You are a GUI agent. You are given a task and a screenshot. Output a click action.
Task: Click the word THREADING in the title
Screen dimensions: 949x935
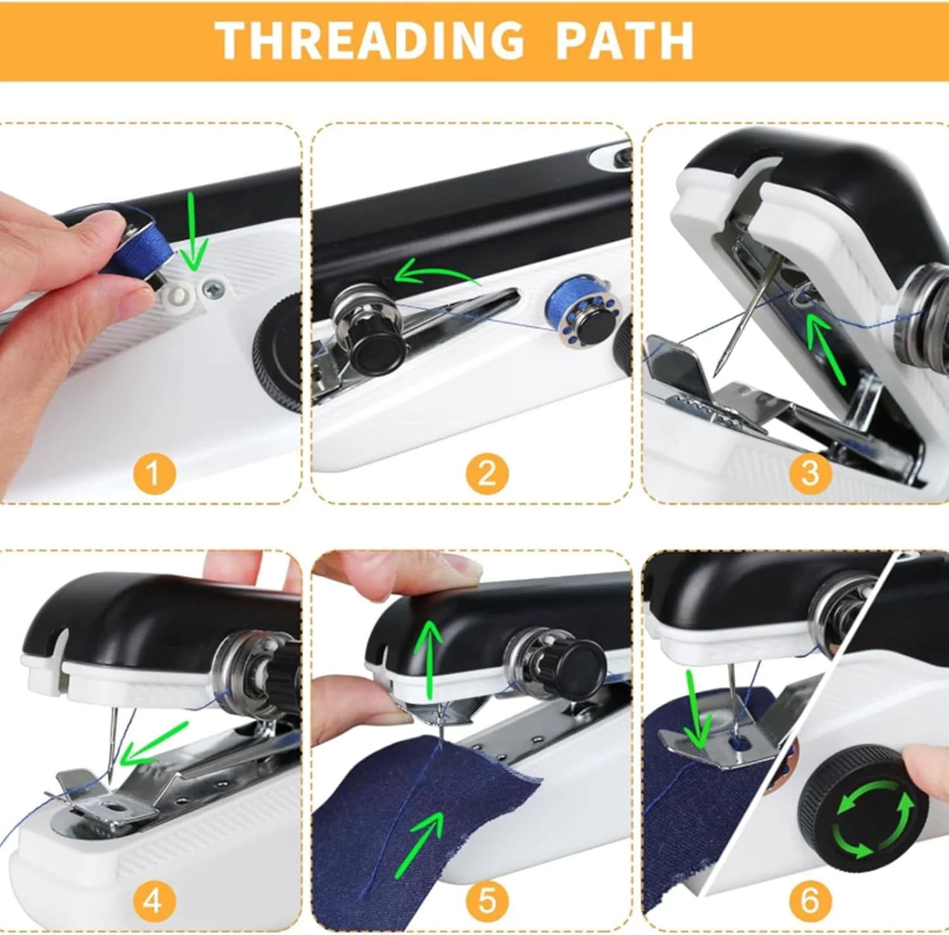coord(370,40)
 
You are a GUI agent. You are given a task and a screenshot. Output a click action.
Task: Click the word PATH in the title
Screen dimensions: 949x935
coord(624,40)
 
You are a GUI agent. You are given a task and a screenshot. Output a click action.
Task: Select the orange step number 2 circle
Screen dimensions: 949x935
coord(487,473)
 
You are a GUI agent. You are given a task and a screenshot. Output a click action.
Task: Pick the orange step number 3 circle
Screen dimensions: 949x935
coord(810,473)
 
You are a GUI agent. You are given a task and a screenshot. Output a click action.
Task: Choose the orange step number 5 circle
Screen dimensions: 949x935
coord(487,899)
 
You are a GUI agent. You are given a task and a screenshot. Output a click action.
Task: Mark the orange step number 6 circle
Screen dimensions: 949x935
coord(810,899)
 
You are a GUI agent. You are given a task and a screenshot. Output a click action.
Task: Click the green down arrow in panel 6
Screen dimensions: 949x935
coord(697,710)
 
